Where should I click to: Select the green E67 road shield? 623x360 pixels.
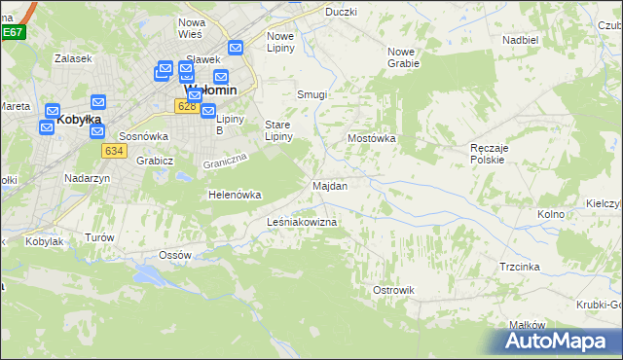coord(12,32)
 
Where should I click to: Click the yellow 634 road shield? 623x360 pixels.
coord(114,151)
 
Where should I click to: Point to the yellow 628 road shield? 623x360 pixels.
coord(188,105)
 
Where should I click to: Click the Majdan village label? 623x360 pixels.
coord(330,185)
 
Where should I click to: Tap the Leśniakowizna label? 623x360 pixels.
coord(302,223)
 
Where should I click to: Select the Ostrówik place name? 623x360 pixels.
coord(394,290)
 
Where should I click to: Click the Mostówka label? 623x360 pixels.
coord(372,138)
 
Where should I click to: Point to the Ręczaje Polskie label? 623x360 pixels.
coord(487,152)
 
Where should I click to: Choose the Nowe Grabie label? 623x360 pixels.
coord(403,57)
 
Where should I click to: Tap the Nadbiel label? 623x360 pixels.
coord(520,40)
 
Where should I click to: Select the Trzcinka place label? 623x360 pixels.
coord(520,266)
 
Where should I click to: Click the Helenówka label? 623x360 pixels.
coord(235,195)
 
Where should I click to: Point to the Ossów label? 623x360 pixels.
coord(175,255)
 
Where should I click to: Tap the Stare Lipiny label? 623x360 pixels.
coord(278,130)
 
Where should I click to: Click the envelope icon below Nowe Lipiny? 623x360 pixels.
coord(236,48)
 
